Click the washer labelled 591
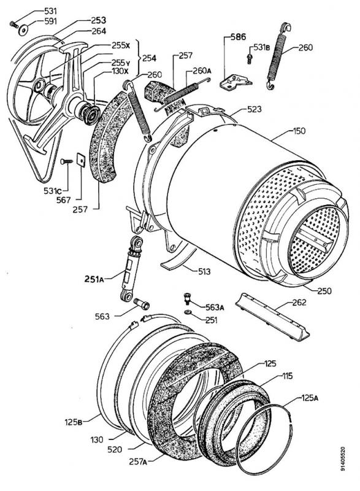click(21, 28)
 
